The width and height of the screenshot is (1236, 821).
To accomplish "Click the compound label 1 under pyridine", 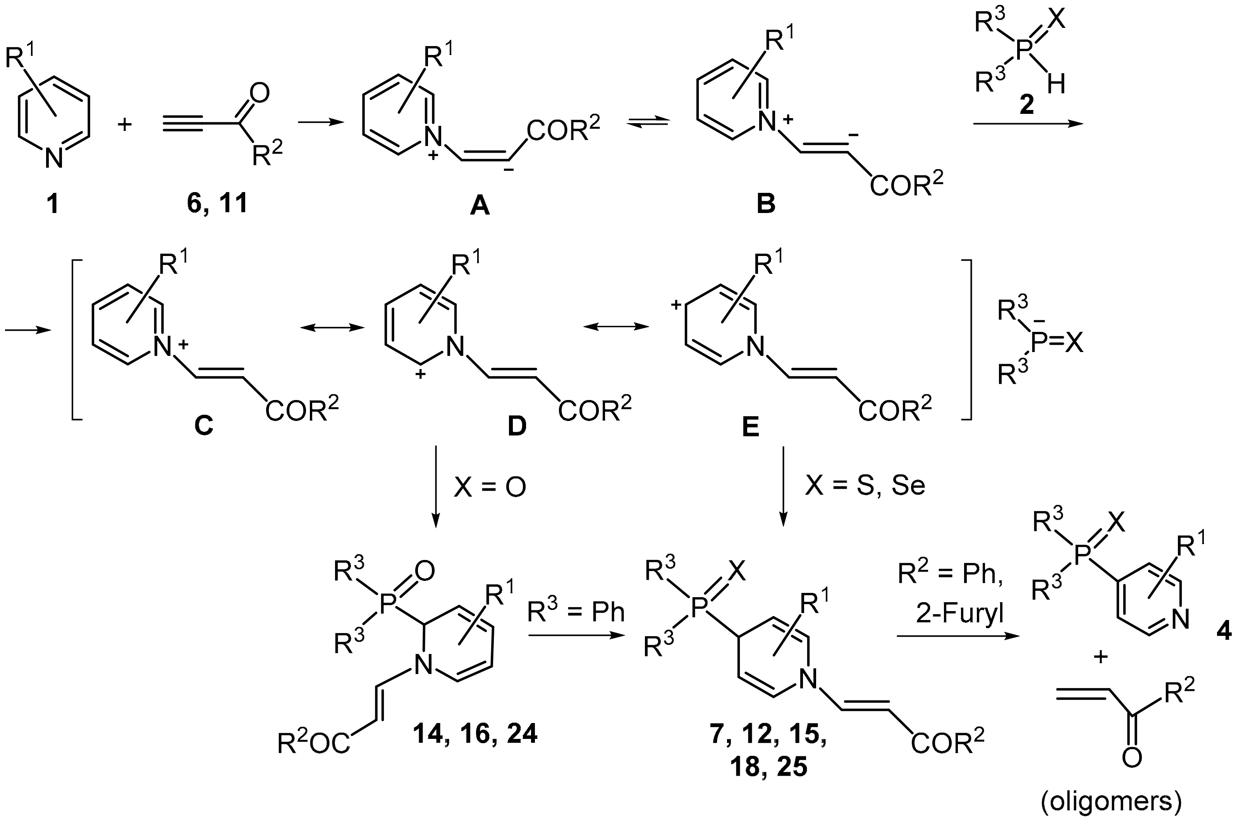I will (x=53, y=204).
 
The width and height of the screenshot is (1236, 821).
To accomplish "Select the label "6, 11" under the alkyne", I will (x=217, y=204).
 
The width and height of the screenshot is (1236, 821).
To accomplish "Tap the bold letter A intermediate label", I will (x=480, y=206).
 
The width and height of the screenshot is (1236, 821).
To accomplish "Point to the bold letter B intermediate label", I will (x=766, y=204).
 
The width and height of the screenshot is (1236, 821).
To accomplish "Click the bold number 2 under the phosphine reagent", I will (x=1026, y=106).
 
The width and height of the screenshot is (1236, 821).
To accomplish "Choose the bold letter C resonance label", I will (x=204, y=427).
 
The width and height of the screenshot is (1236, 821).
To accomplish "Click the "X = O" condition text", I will (x=490, y=487).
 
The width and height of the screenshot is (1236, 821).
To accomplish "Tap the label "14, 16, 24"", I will (x=475, y=733).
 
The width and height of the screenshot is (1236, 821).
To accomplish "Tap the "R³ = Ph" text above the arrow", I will (x=576, y=611).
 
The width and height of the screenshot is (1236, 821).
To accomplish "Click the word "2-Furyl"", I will (x=959, y=613).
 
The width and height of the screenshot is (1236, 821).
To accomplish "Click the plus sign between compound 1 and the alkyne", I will (x=125, y=125).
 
